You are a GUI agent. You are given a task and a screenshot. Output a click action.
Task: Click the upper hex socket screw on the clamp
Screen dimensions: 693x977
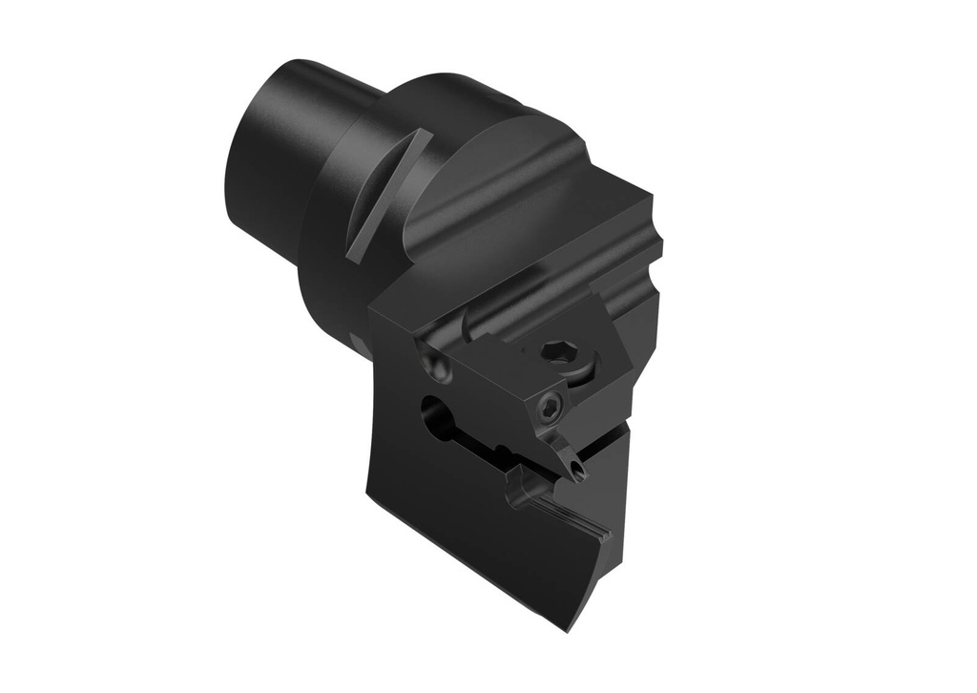[554, 353]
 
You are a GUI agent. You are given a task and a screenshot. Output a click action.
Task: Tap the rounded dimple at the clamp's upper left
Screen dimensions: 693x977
[435, 364]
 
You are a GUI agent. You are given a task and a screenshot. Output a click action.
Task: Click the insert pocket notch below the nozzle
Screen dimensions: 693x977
[526, 487]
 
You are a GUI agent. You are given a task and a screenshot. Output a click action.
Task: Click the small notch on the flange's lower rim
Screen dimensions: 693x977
[357, 342]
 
